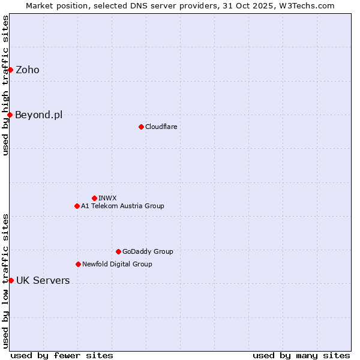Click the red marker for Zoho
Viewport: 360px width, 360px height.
pyautogui.click(x=10, y=70)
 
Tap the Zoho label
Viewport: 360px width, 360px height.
pyautogui.click(x=28, y=70)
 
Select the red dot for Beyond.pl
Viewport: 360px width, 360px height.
pyautogui.click(x=10, y=115)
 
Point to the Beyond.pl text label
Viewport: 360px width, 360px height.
pyautogui.click(x=39, y=115)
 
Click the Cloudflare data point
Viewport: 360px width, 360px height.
pyautogui.click(x=141, y=127)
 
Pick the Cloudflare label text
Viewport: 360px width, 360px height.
pyautogui.click(x=161, y=127)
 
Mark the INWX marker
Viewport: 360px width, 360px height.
pyautogui.click(x=94, y=198)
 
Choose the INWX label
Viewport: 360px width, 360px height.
pyautogui.click(x=107, y=198)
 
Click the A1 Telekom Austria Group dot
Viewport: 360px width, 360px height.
pyautogui.click(x=77, y=206)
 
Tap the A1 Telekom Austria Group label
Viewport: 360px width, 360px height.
pyautogui.click(x=122, y=206)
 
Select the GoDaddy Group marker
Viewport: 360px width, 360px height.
pyautogui.click(x=118, y=251)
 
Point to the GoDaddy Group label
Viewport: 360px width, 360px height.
pyautogui.click(x=148, y=251)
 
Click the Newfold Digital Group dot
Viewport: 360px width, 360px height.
pyautogui.click(x=78, y=264)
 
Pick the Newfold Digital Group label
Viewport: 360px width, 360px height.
pyautogui.click(x=117, y=264)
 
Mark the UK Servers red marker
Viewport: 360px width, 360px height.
pyautogui.click(x=11, y=280)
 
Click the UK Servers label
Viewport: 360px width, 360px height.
pyautogui.click(x=43, y=280)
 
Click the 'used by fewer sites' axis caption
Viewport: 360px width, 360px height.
pyautogui.click(x=62, y=355)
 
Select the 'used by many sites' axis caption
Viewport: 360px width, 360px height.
pyautogui.click(x=301, y=355)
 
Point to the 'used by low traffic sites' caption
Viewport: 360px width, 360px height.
pyautogui.click(x=5, y=280)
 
